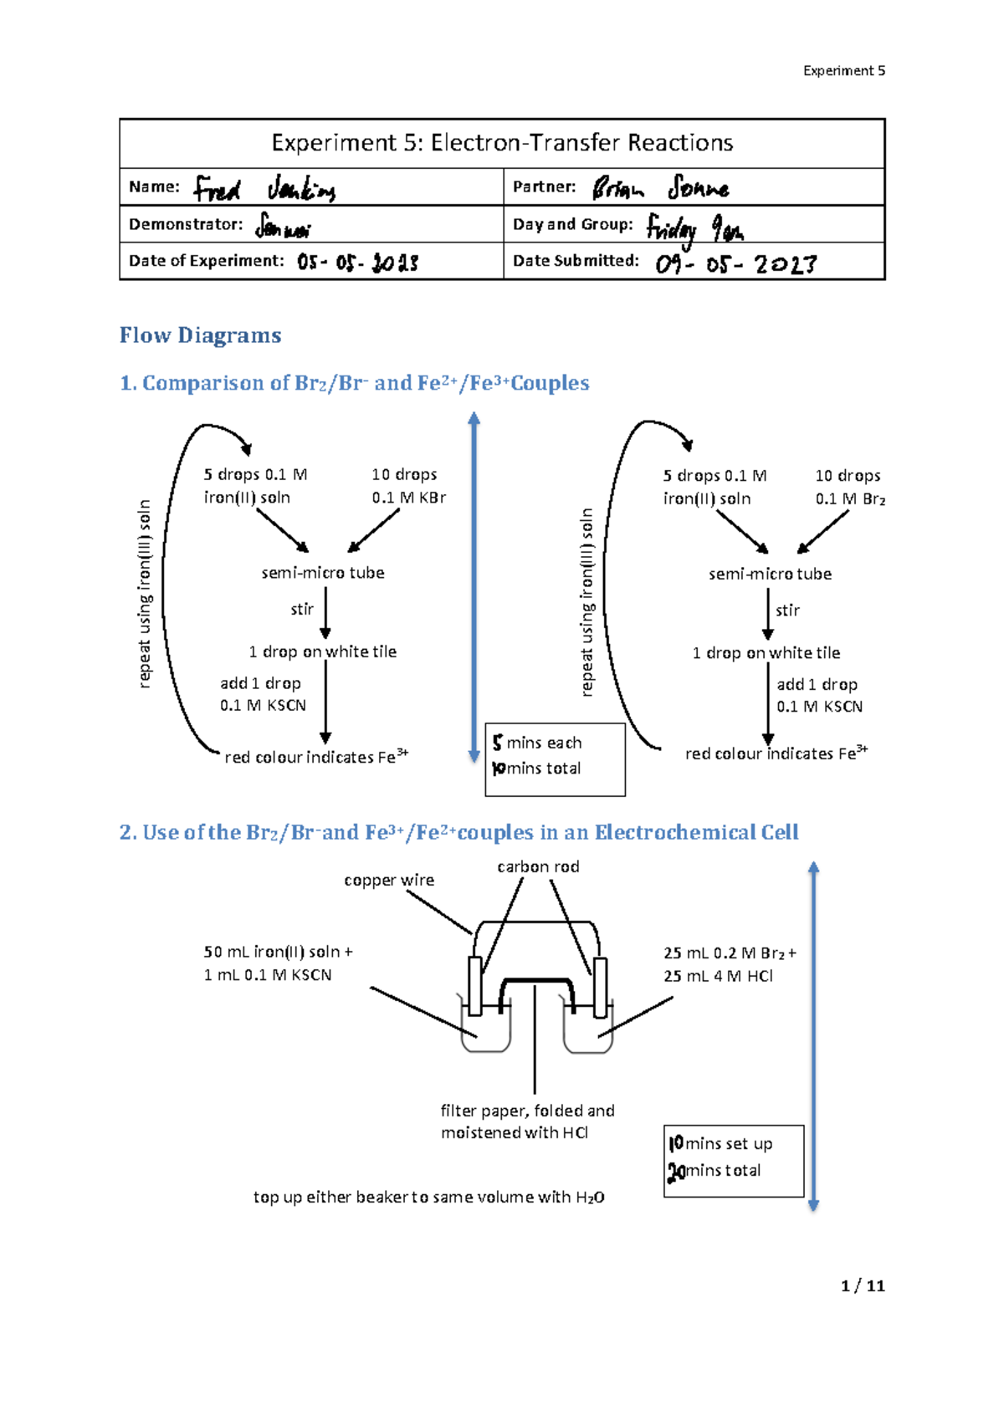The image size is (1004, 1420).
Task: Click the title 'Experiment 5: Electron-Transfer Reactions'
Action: click(x=502, y=143)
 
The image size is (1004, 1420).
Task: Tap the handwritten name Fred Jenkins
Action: click(x=264, y=189)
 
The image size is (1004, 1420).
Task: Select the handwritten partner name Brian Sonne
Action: click(x=660, y=188)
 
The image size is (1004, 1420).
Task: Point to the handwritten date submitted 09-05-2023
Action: click(x=735, y=265)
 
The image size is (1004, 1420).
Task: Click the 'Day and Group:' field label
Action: click(x=572, y=224)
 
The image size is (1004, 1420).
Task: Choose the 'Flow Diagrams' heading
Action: click(x=200, y=335)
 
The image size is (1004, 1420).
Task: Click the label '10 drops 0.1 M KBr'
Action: click(x=408, y=486)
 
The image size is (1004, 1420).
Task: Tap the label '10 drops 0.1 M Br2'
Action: click(x=849, y=487)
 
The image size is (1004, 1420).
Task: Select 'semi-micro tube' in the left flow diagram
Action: click(x=323, y=573)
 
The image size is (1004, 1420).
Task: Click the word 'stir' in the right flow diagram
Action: click(x=787, y=610)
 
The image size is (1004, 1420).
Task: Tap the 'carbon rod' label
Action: click(x=538, y=867)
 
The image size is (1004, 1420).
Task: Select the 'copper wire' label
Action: click(x=389, y=881)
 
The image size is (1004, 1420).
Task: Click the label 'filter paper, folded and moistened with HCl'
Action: click(x=527, y=1121)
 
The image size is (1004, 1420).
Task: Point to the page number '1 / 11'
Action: click(x=863, y=1286)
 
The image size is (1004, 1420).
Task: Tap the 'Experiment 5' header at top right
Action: click(x=843, y=71)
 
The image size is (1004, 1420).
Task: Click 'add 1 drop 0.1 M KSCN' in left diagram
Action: click(x=263, y=694)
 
